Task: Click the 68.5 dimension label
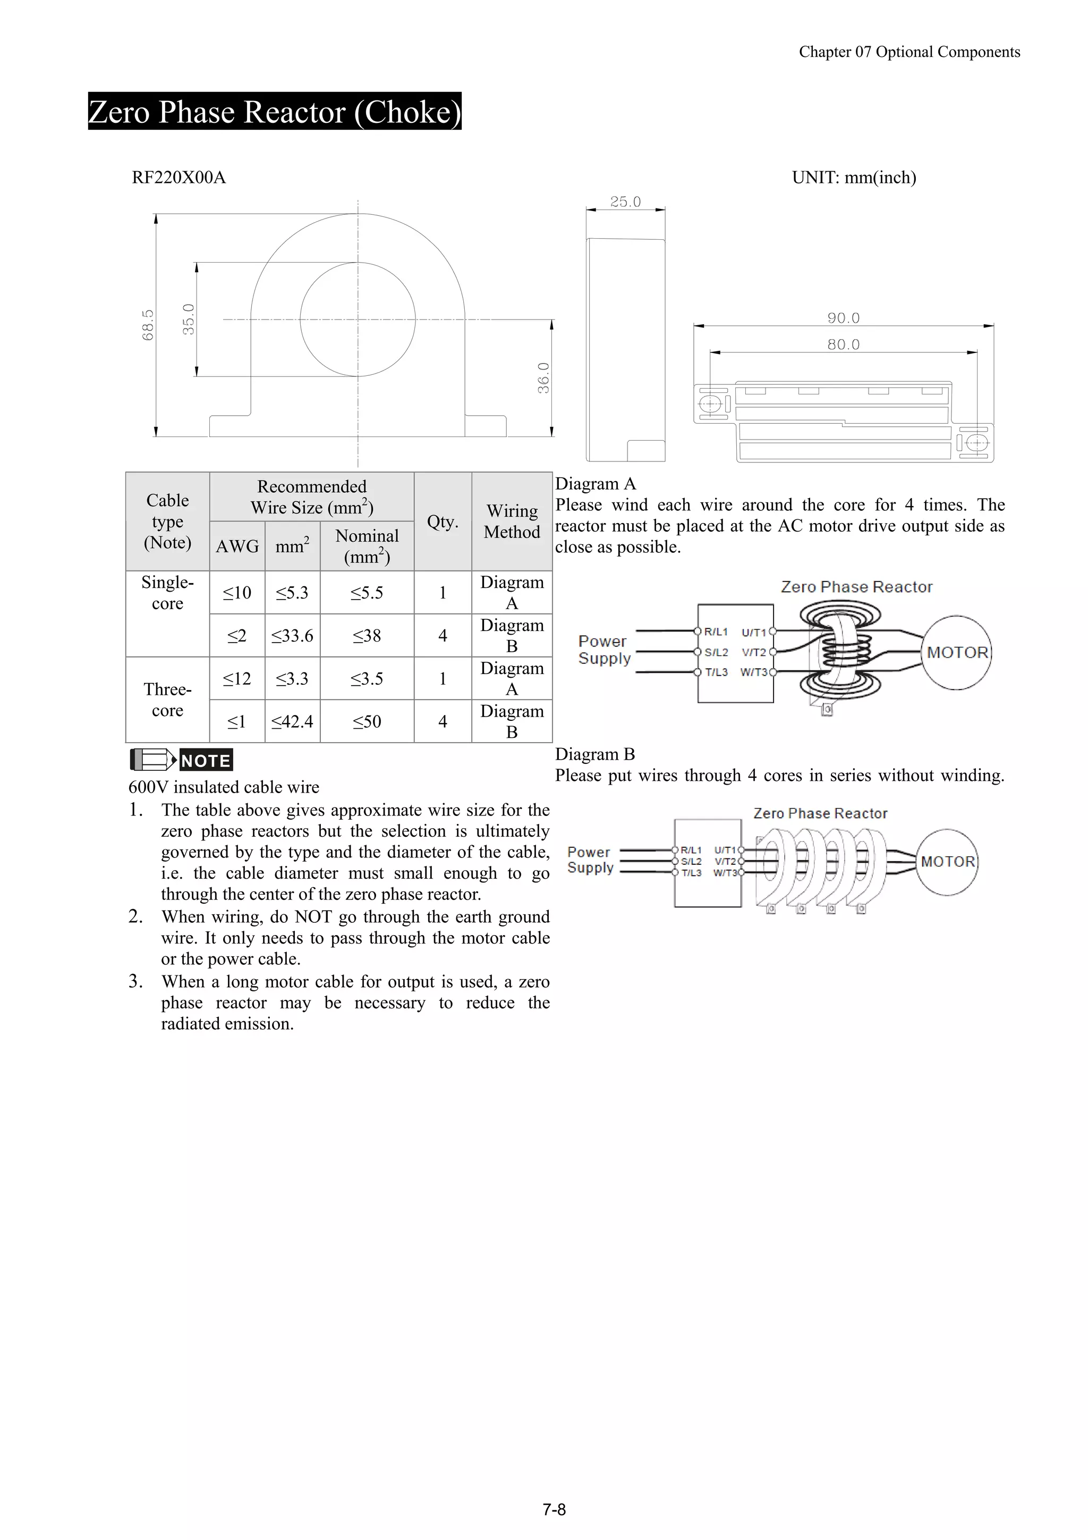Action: [x=148, y=325]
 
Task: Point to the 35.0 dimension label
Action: [x=189, y=319]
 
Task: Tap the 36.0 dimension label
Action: [x=543, y=377]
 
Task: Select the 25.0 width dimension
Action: [x=625, y=202]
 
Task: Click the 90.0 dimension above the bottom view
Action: [x=843, y=318]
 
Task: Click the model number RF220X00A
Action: [x=178, y=178]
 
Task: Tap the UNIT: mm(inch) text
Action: [x=853, y=178]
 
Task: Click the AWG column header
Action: [x=236, y=546]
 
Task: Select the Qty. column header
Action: [x=443, y=522]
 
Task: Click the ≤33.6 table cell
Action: [x=292, y=636]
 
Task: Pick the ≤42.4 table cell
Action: [x=292, y=722]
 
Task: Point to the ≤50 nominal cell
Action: [x=367, y=722]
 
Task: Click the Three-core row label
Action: [x=167, y=700]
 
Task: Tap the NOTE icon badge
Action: [x=181, y=760]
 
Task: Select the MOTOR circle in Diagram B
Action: [x=947, y=862]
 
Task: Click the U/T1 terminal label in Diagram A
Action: [x=753, y=633]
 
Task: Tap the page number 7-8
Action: [x=554, y=1510]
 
